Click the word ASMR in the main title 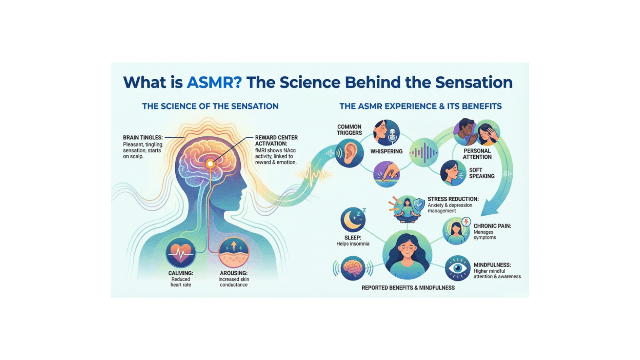pyautogui.click(x=214, y=82)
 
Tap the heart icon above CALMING pyautogui.click(x=181, y=253)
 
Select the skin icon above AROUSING pyautogui.click(x=234, y=253)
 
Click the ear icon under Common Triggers pyautogui.click(x=350, y=153)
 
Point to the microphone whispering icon pyautogui.click(x=386, y=133)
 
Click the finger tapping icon pyautogui.click(x=386, y=174)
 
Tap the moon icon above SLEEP pyautogui.click(x=353, y=220)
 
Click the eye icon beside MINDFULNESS pyautogui.click(x=458, y=268)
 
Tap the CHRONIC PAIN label pyautogui.click(x=492, y=226)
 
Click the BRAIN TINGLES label pyautogui.click(x=143, y=138)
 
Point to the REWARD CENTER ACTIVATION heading pyautogui.click(x=276, y=140)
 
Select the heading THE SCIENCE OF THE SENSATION pyautogui.click(x=210, y=106)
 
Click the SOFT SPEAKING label pyautogui.click(x=482, y=173)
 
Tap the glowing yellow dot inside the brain pyautogui.click(x=210, y=163)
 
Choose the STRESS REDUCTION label pyautogui.click(x=453, y=199)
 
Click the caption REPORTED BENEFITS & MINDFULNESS pyautogui.click(x=408, y=288)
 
